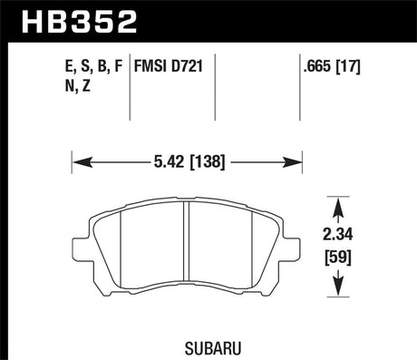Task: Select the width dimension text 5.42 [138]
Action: (x=186, y=163)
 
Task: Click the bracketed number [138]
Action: (x=210, y=163)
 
